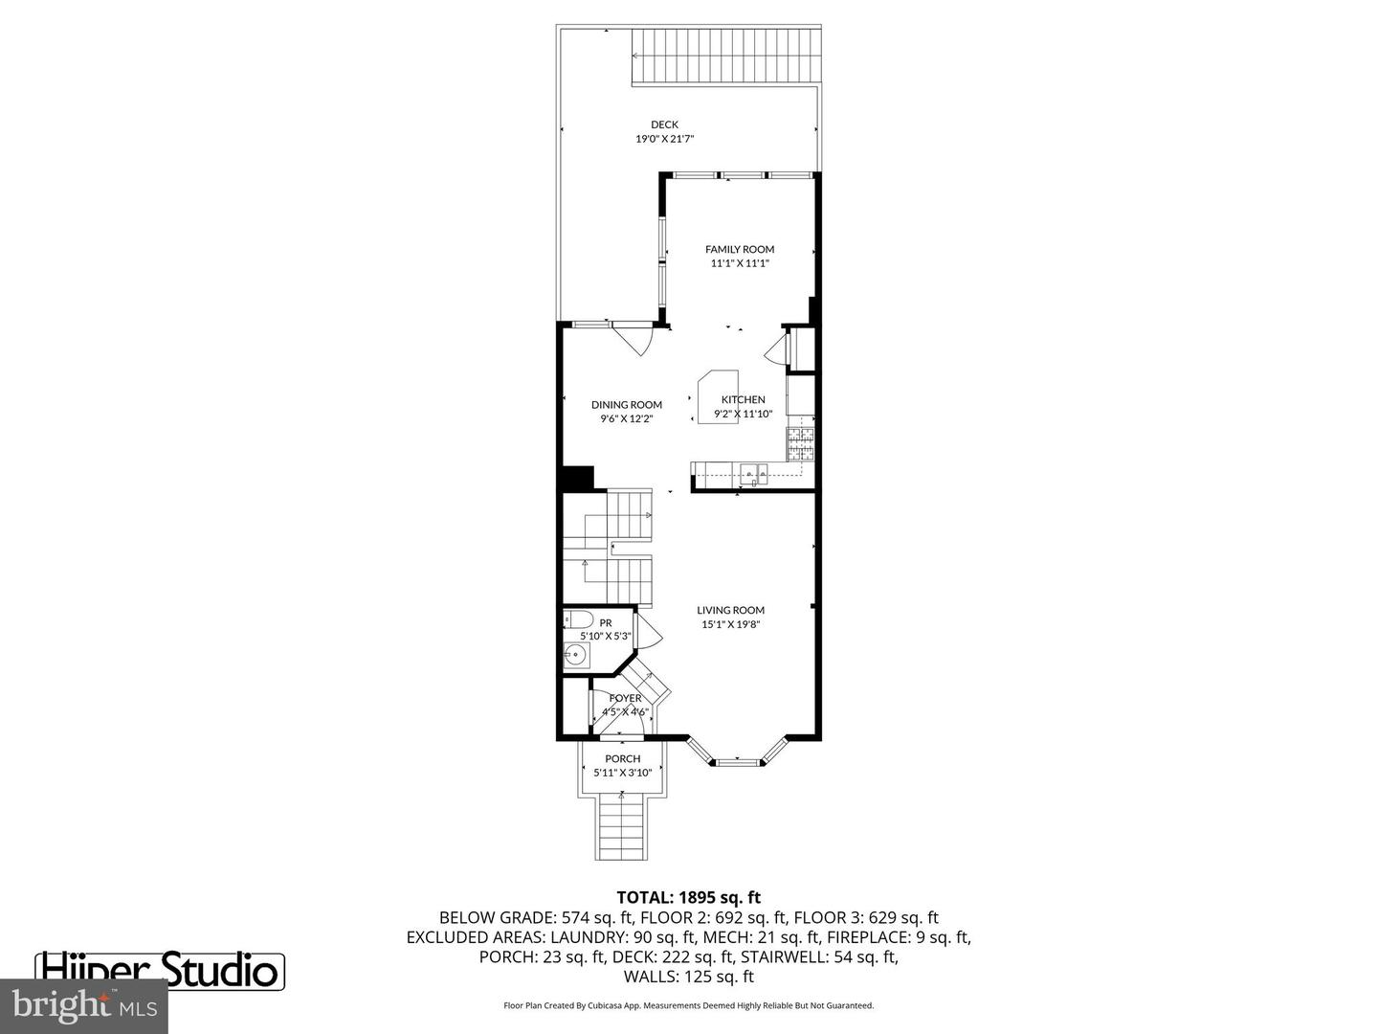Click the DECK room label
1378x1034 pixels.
(x=664, y=124)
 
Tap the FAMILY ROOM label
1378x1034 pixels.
(x=740, y=249)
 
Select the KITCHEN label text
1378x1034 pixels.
(x=744, y=399)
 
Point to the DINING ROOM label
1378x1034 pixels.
(x=626, y=405)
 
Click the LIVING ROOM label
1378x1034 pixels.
(x=730, y=610)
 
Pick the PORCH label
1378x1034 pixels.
(x=623, y=758)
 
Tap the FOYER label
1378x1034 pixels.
(x=626, y=698)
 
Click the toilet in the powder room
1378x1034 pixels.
(x=578, y=619)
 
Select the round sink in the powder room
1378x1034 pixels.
(x=575, y=656)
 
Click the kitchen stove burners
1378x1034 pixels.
(x=801, y=441)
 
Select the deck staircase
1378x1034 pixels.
(x=726, y=56)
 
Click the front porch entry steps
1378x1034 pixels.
(x=622, y=829)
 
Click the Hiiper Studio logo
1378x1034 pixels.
(x=161, y=970)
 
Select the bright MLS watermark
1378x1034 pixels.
(x=84, y=1006)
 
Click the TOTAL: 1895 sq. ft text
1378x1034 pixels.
(x=688, y=897)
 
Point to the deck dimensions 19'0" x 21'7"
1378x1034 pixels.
(x=664, y=139)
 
